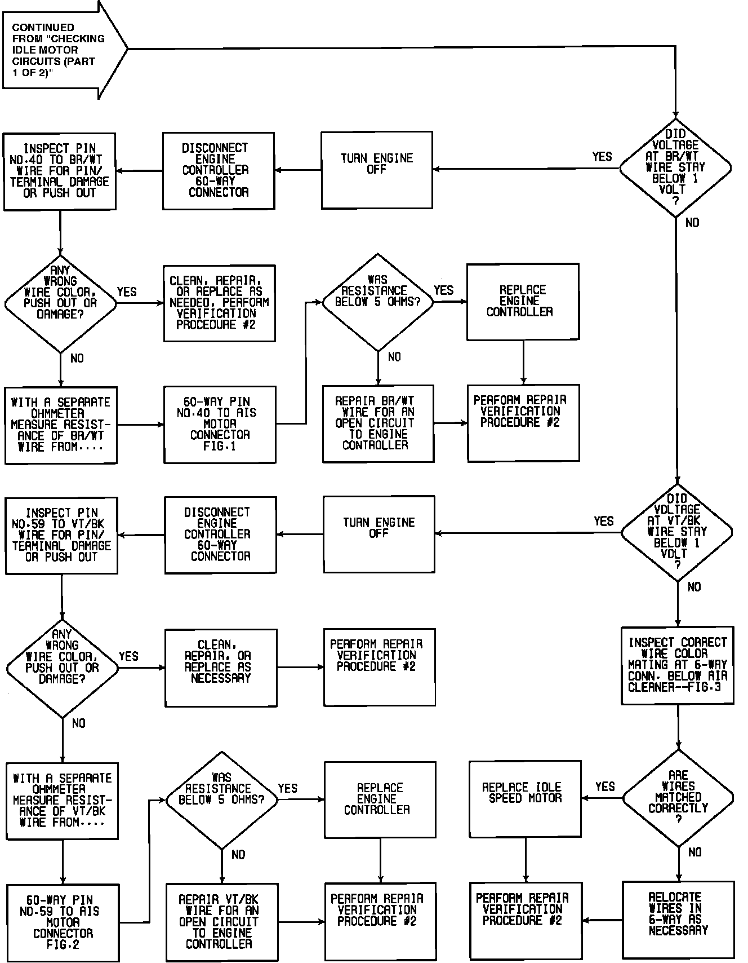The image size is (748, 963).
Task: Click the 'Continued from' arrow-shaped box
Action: coord(59,50)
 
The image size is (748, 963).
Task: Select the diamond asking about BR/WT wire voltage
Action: coord(675,167)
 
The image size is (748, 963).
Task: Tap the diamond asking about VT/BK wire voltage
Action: coord(677,532)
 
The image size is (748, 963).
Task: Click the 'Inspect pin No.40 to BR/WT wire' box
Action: coord(60,171)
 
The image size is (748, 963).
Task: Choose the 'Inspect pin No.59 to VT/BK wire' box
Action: coord(61,535)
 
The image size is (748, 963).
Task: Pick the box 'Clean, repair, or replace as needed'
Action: coord(219,303)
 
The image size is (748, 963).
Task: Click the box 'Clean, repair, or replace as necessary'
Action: coord(221,667)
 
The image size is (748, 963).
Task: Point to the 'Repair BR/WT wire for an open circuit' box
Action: coord(378,423)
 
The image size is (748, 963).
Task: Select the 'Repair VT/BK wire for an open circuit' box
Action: coord(222,921)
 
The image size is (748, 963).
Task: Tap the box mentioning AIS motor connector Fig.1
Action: coord(220,424)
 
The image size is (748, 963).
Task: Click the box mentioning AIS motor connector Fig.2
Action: coord(63,922)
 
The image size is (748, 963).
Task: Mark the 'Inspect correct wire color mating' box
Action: coord(678,665)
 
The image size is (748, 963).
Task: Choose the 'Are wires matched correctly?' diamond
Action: coord(678,797)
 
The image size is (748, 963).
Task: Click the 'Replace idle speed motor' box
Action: coord(525,798)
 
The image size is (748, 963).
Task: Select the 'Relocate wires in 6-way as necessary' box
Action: coord(678,920)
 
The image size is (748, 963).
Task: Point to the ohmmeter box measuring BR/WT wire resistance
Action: coord(61,425)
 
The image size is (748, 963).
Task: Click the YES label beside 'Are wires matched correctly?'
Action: coord(605,787)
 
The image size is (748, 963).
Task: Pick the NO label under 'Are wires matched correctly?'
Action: coord(695,852)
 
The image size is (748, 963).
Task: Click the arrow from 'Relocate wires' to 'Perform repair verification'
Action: coord(603,920)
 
